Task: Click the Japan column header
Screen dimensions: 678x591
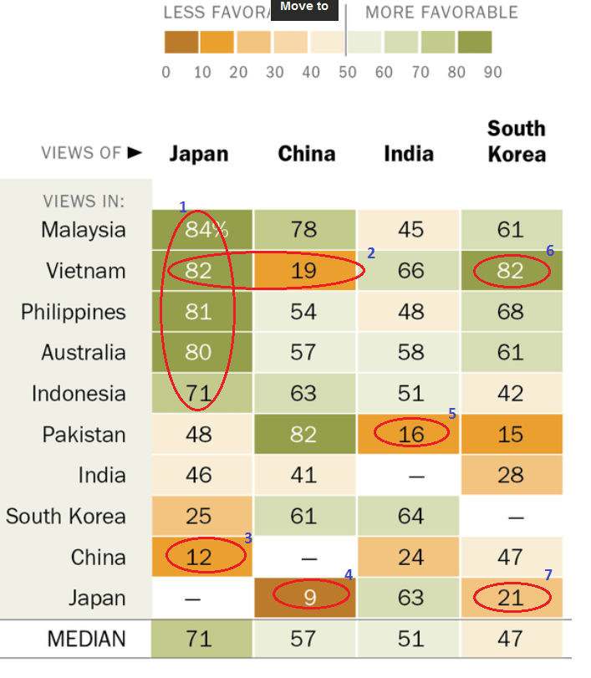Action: [198, 154]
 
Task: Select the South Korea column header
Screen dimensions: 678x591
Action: [516, 141]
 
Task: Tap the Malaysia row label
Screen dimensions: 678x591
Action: [83, 230]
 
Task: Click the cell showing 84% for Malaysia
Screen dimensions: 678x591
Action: [199, 230]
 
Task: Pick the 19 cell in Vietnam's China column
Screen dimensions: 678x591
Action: [303, 271]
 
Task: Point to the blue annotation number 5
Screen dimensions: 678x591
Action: [452, 413]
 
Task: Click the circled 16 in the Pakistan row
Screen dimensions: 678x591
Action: [410, 434]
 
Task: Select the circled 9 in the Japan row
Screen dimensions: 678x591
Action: [303, 598]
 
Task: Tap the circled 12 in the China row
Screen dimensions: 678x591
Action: [199, 558]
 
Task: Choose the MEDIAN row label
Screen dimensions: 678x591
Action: [86, 640]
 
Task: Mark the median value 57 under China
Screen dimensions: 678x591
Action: [303, 640]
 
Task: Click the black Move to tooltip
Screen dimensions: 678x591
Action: [304, 8]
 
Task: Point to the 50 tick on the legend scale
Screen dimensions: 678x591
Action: [347, 72]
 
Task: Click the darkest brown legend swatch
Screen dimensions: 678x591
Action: [181, 42]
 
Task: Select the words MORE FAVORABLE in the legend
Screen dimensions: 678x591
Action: [441, 13]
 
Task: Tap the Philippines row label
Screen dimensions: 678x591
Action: [73, 312]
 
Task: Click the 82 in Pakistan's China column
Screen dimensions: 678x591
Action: [303, 434]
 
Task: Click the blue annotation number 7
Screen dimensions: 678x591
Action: [548, 574]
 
